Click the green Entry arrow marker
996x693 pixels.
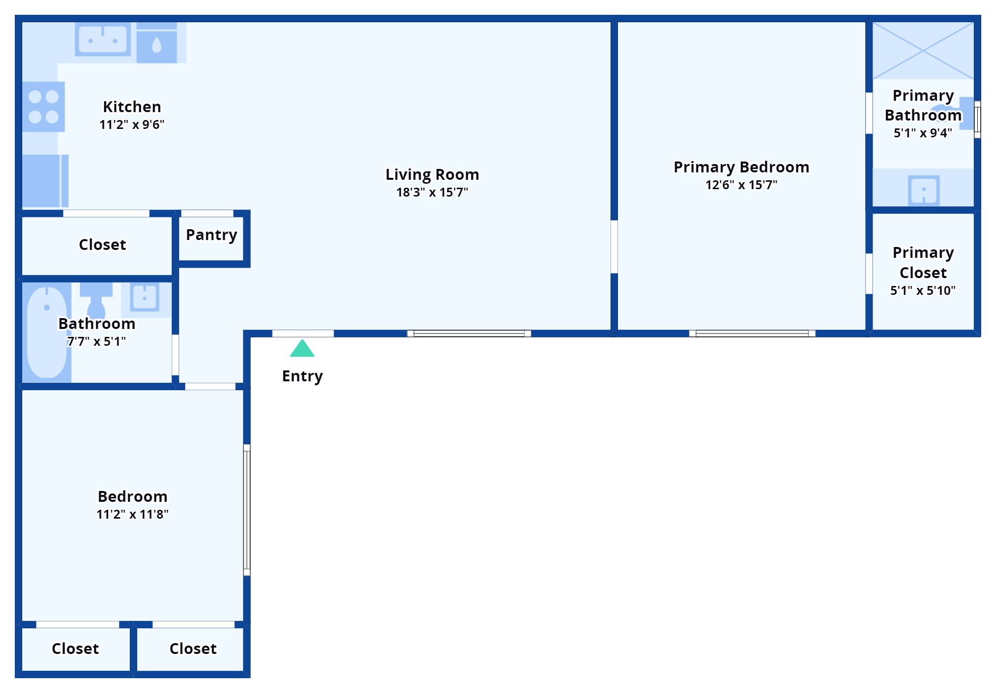302,348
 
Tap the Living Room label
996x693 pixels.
432,174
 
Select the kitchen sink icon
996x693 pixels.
103,40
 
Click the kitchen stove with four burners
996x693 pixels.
43,107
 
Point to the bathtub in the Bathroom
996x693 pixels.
46,331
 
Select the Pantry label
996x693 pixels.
211,235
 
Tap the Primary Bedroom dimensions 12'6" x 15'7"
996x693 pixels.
741,185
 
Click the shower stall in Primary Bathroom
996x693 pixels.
922,50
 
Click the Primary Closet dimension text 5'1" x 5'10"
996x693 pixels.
922,290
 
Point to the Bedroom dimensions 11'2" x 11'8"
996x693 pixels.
132,514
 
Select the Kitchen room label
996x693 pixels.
132,107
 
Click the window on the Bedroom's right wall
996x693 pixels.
247,510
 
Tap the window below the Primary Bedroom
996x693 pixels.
752,333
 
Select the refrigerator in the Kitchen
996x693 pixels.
44,180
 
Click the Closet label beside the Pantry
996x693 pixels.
102,245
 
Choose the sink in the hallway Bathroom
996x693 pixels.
145,297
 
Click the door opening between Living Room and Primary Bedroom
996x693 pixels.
614,246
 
